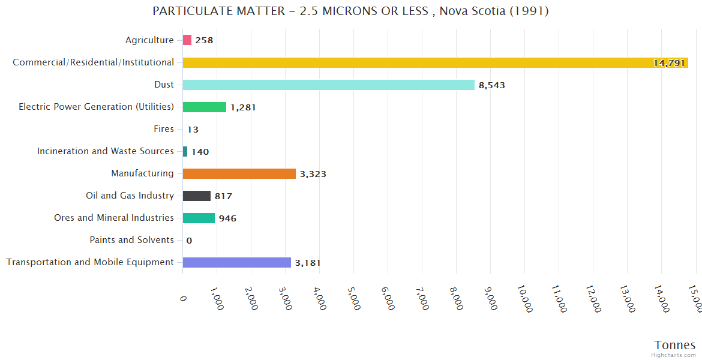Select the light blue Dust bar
coord(328,85)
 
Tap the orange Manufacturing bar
coord(239,173)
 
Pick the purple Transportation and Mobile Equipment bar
coord(236,262)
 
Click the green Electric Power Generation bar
coord(204,107)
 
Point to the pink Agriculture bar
coord(187,40)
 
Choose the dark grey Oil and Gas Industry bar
coord(196,196)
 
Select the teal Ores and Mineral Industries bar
coord(199,218)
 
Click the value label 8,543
coord(492,85)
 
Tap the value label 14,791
coord(669,63)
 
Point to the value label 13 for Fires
coord(193,130)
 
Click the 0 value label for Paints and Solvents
coord(189,241)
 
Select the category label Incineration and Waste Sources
coord(106,151)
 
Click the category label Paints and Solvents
coord(131,240)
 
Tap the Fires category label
coord(164,129)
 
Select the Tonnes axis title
coord(674,345)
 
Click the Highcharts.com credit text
coord(674,355)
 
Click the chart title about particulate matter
coord(350,11)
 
